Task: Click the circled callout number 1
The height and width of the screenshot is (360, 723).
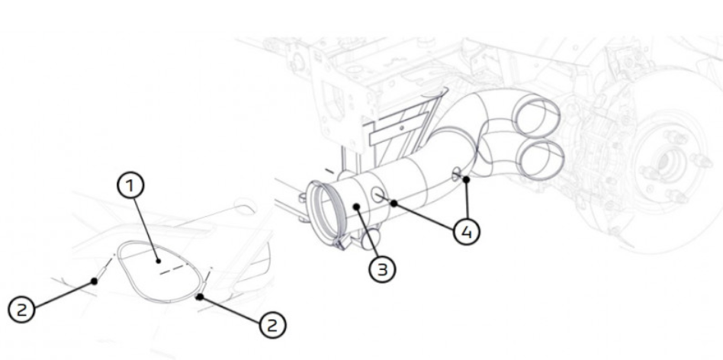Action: coord(130,186)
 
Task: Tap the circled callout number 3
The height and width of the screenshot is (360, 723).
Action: coord(382,269)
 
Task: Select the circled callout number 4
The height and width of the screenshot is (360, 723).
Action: coord(466,232)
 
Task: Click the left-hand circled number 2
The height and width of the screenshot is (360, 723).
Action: coord(21,310)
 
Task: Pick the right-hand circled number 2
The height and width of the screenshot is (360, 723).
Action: coord(272,325)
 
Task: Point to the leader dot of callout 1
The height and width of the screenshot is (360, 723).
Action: coord(159,262)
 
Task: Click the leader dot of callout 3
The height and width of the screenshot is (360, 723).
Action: coord(357,207)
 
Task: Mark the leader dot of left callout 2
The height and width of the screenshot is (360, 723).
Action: coord(95,281)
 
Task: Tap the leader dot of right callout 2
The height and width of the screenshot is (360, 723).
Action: coord(200,297)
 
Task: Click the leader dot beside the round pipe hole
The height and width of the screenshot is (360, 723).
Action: coord(394,203)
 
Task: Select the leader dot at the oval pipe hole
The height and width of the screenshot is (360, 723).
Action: coord(467,178)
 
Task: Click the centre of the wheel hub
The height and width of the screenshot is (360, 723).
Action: coord(664,162)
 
